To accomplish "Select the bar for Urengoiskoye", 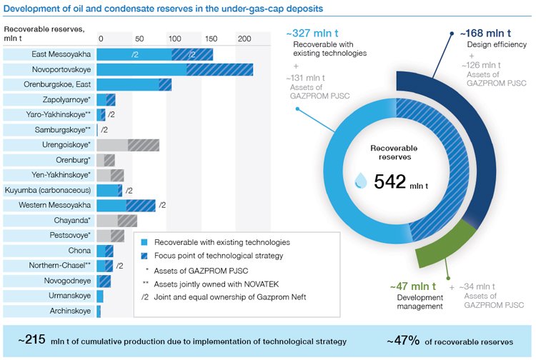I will [128, 145].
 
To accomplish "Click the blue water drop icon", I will [362, 183].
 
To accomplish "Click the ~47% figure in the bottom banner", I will [403, 341].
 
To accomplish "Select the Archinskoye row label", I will [70, 311].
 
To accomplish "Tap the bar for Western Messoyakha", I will [126, 206].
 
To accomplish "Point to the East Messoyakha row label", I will [61, 54].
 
